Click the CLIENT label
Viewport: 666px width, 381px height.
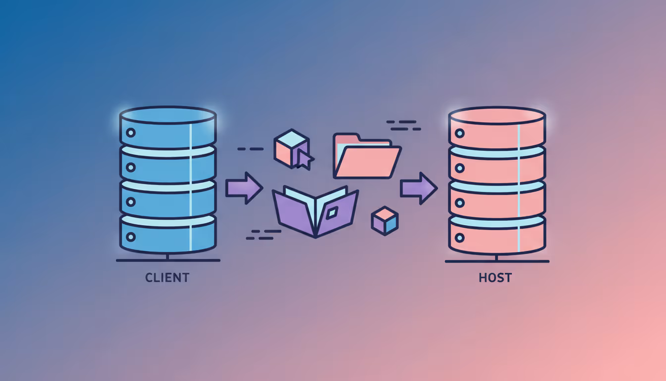pos(167,277)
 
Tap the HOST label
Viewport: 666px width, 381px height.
pos(495,277)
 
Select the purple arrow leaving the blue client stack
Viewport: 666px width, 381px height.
pos(244,188)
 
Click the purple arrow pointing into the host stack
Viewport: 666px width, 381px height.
pos(419,188)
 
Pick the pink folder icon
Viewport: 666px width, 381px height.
pos(366,156)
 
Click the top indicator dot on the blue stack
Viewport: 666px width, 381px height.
pos(131,133)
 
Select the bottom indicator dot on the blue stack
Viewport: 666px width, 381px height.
pos(131,237)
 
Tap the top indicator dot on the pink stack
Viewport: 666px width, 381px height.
pos(460,133)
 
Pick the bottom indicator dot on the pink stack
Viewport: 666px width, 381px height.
pos(460,237)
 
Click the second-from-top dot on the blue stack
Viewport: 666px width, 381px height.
pos(131,167)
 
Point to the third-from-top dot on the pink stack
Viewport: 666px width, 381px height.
pos(460,203)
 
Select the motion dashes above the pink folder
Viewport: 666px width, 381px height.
pos(402,125)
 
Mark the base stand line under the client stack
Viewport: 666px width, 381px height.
pos(167,260)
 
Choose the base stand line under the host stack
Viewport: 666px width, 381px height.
pos(497,261)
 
